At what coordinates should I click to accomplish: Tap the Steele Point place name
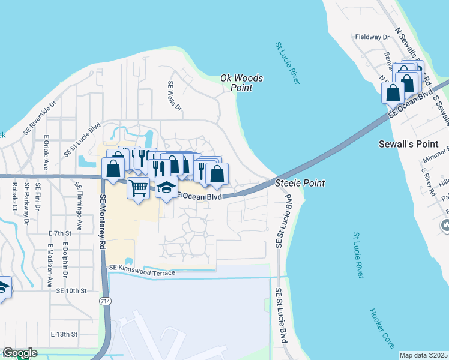click(x=300, y=183)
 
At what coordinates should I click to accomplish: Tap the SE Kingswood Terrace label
click(x=142, y=270)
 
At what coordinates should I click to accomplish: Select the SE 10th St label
click(x=71, y=290)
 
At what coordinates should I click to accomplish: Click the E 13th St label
click(x=64, y=334)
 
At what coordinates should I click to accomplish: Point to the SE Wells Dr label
click(x=175, y=96)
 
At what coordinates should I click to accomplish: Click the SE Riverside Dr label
click(x=40, y=117)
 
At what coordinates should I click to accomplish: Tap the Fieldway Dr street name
click(x=372, y=37)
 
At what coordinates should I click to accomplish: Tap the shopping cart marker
click(x=139, y=188)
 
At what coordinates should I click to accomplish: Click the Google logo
click(x=20, y=353)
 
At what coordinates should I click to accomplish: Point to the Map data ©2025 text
click(x=423, y=355)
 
